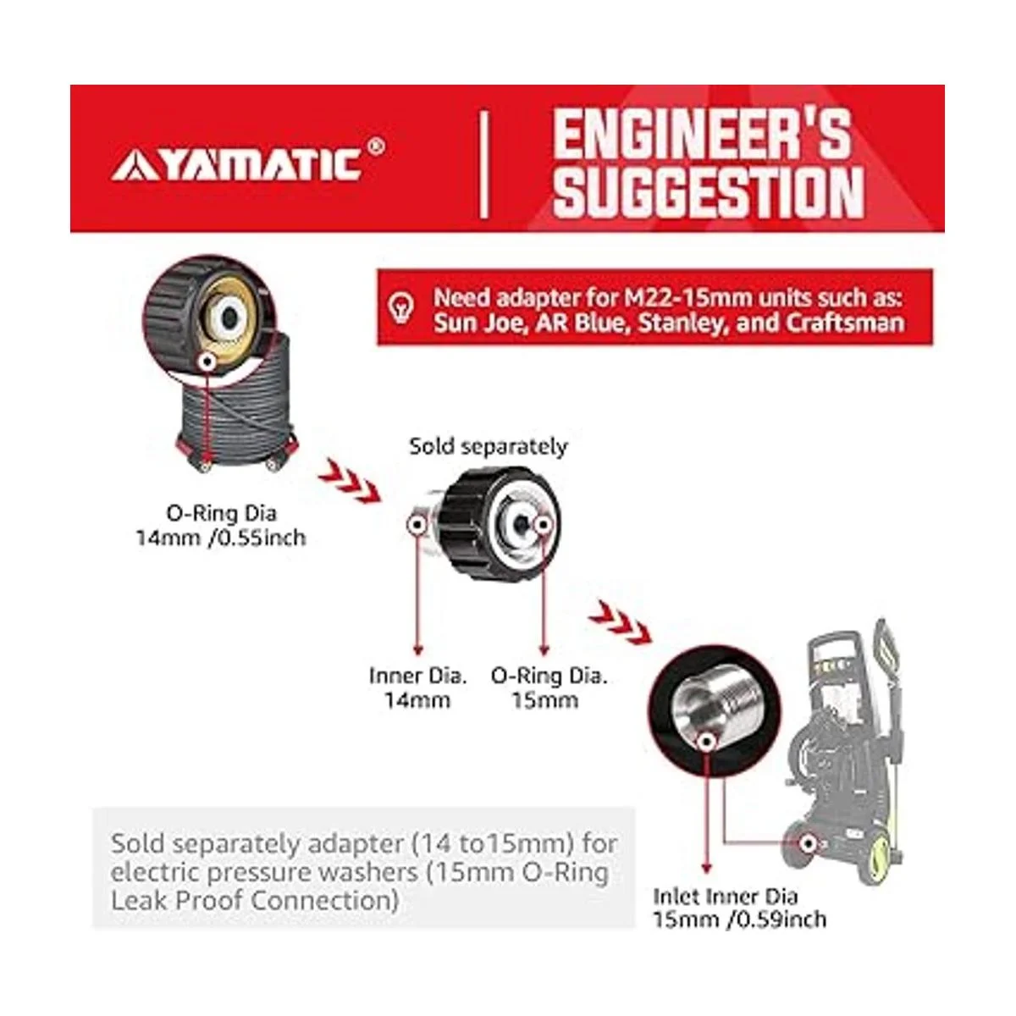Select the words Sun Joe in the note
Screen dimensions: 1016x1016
coord(477,323)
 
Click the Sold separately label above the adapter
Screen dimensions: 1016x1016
coord(489,446)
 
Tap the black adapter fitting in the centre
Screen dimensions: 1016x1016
coord(488,523)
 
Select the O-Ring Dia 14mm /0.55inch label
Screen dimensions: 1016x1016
coord(222,526)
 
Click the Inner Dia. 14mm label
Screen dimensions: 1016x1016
coord(417,688)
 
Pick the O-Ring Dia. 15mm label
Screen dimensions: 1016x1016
coord(549,688)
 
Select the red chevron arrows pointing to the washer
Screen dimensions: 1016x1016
coord(620,621)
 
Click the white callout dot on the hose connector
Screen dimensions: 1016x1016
coord(207,361)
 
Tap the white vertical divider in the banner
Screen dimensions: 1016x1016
coord(484,164)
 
